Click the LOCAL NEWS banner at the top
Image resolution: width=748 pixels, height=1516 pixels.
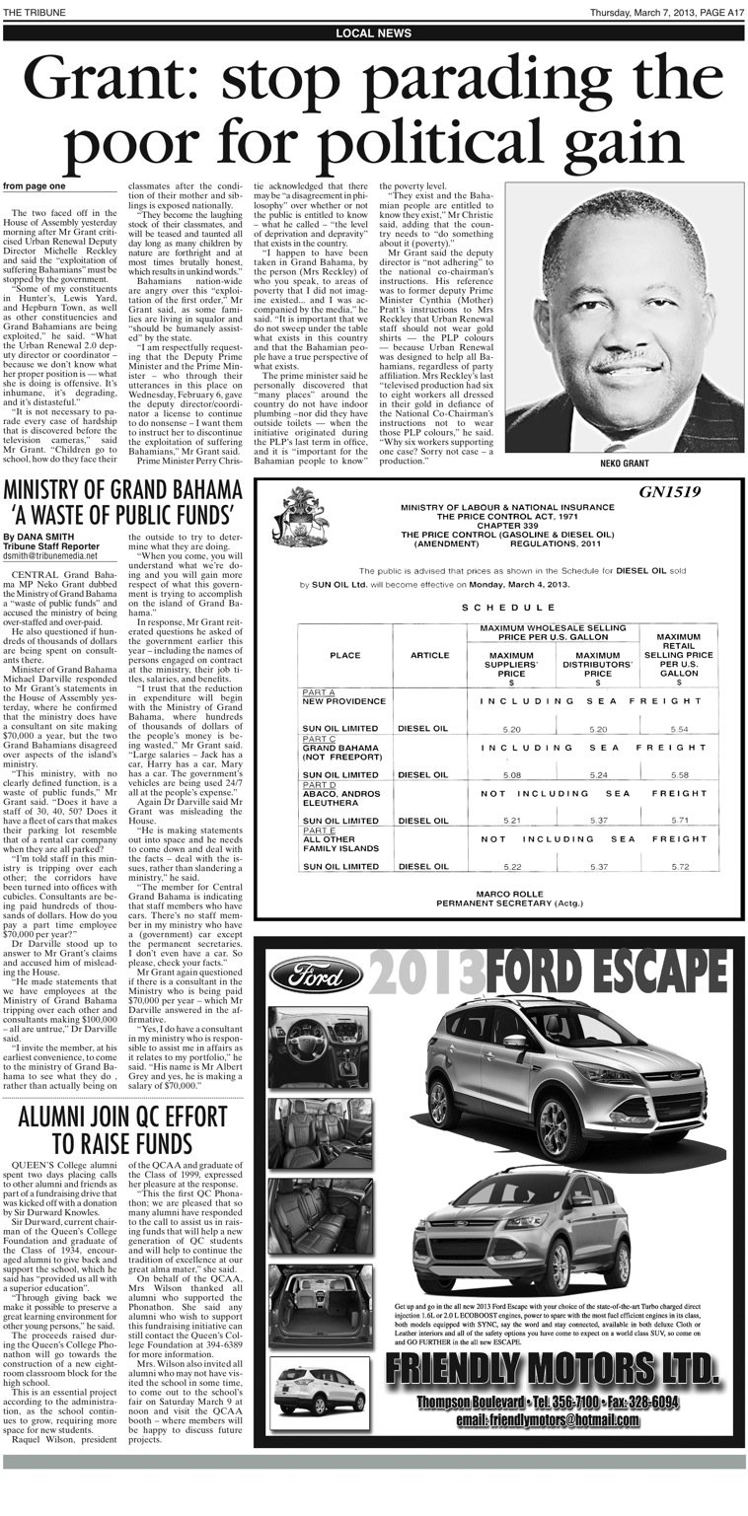[373, 33]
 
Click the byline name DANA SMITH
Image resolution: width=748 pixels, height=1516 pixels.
[49, 537]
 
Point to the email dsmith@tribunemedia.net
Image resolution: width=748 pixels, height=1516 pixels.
[49, 556]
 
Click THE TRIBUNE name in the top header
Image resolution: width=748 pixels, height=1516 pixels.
[30, 12]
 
